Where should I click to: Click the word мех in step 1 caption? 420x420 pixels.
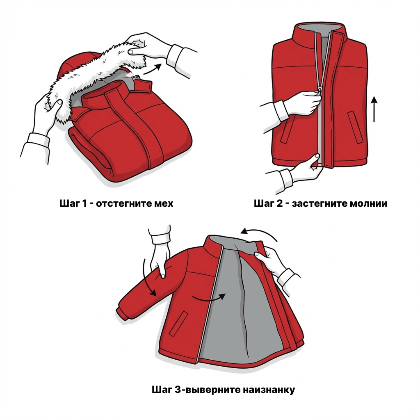coord(164,203)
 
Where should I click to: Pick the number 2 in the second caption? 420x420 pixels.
coord(279,203)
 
